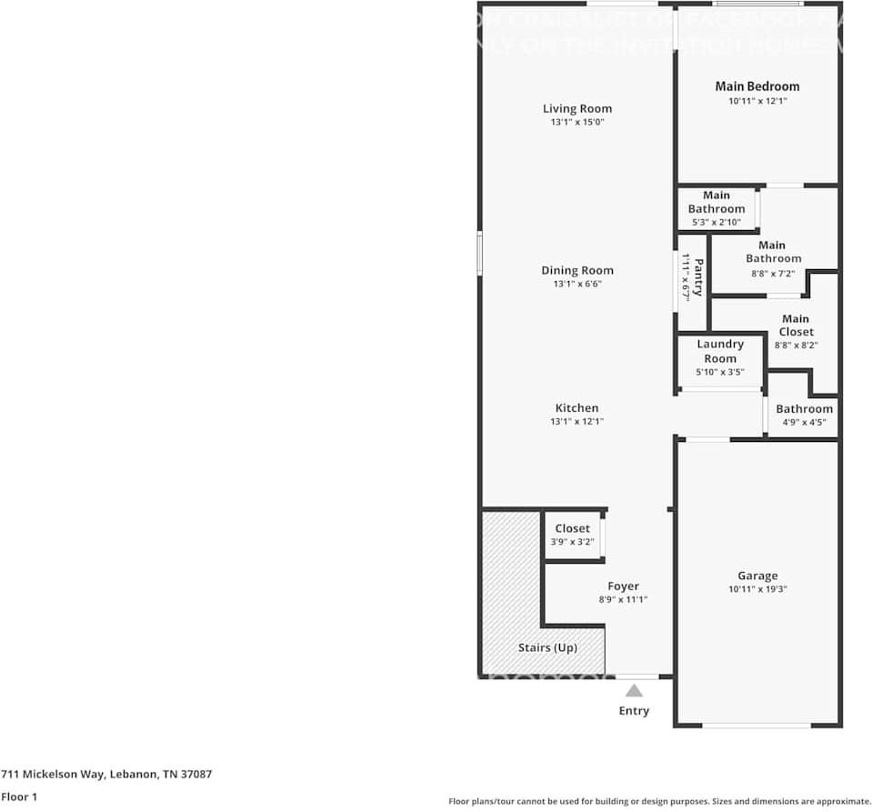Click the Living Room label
[576, 109]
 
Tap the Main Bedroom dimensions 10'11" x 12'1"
[757, 102]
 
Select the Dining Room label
[576, 270]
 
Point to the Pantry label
[698, 277]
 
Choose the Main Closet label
[796, 326]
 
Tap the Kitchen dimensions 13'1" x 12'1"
[576, 421]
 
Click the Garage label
[757, 576]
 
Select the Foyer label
[623, 586]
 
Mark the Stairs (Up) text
[547, 648]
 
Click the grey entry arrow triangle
[634, 691]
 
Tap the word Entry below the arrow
[634, 711]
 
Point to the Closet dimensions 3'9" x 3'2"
[572, 542]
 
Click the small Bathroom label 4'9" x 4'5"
[804, 409]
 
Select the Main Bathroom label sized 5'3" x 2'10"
[716, 202]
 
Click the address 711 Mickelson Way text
[106, 775]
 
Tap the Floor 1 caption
[20, 797]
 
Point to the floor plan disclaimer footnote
[659, 801]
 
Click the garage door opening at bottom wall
[757, 725]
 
